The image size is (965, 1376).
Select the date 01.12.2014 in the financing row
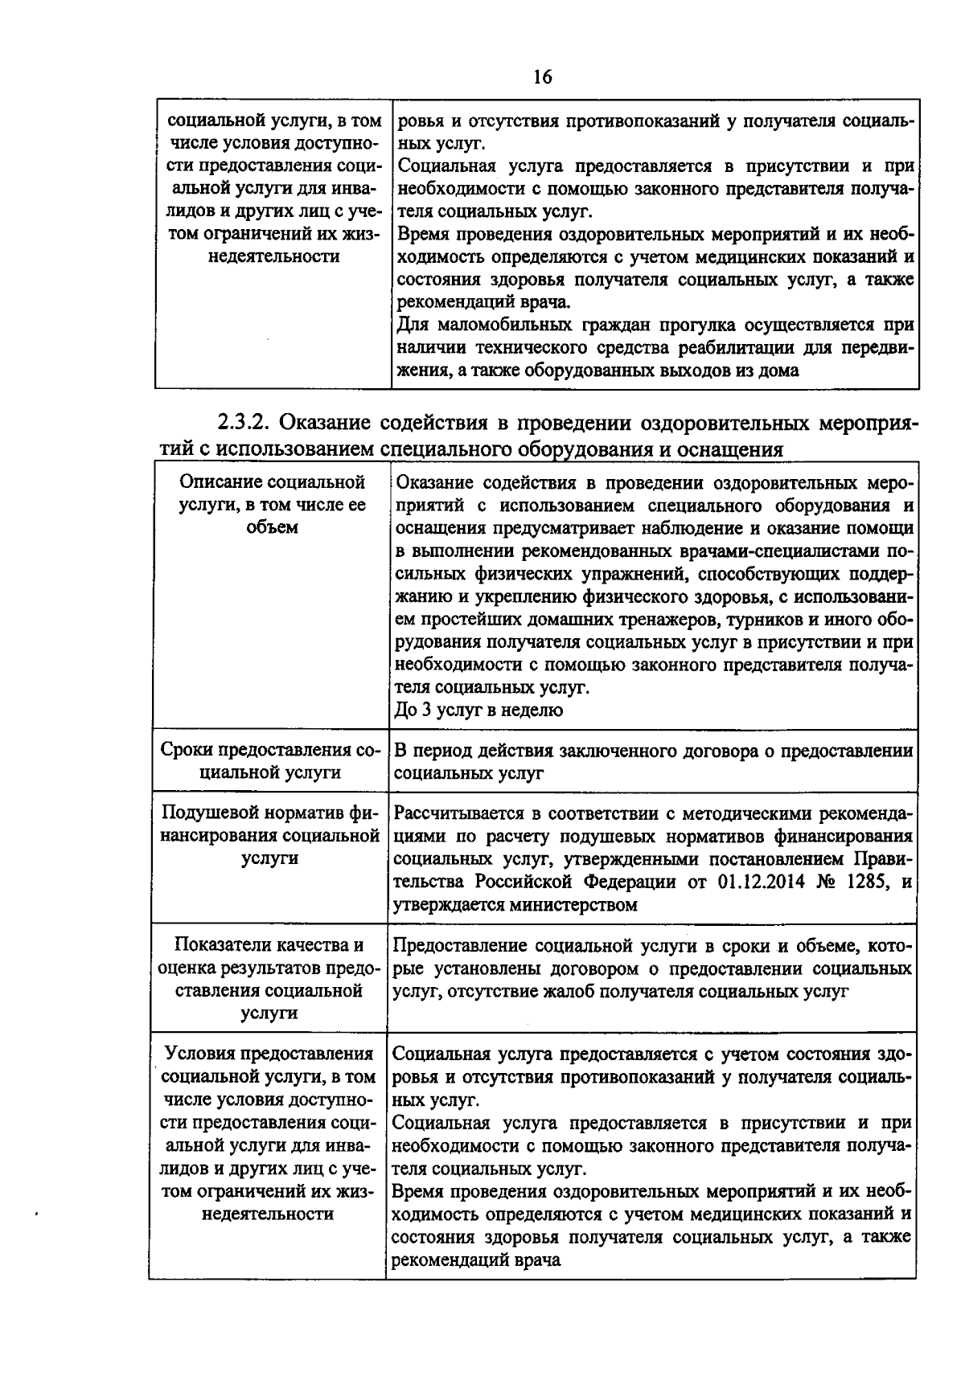(x=758, y=882)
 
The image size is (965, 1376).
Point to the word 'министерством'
(x=574, y=904)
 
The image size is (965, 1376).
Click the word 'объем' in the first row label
(x=272, y=527)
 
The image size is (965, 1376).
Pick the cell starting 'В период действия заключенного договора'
(x=652, y=761)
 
